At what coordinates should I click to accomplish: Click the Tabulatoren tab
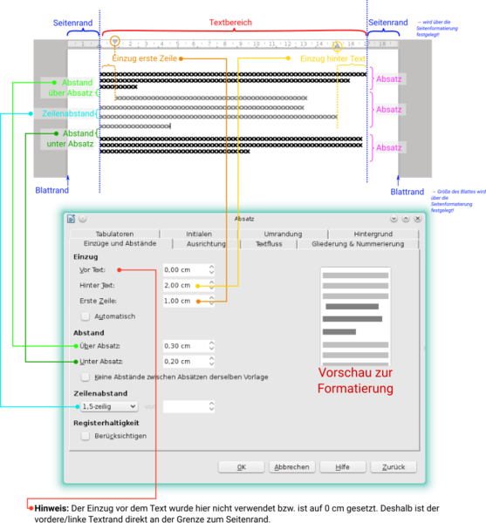[x=114, y=234]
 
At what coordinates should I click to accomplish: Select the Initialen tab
[x=198, y=234]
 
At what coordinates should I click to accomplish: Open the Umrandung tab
[x=283, y=234]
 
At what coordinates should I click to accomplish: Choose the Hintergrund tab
[x=373, y=234]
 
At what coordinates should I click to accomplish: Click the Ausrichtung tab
[x=206, y=244]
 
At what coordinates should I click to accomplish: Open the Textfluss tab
[x=269, y=244]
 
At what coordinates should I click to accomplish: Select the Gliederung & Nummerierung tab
[x=358, y=244]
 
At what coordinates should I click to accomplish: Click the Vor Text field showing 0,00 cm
[x=182, y=270]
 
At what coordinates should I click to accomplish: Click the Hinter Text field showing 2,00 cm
[x=182, y=285]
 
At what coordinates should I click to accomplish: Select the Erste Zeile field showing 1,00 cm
[x=182, y=301]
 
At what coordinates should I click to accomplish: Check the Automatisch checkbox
[x=86, y=316]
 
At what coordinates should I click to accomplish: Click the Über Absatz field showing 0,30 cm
[x=182, y=346]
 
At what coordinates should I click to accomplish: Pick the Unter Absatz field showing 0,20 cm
[x=182, y=361]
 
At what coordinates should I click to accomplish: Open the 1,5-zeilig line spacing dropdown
[x=109, y=406]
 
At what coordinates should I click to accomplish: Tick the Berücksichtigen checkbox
[x=86, y=436]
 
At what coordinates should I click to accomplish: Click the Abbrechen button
[x=291, y=467]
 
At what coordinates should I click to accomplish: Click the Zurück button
[x=394, y=467]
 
